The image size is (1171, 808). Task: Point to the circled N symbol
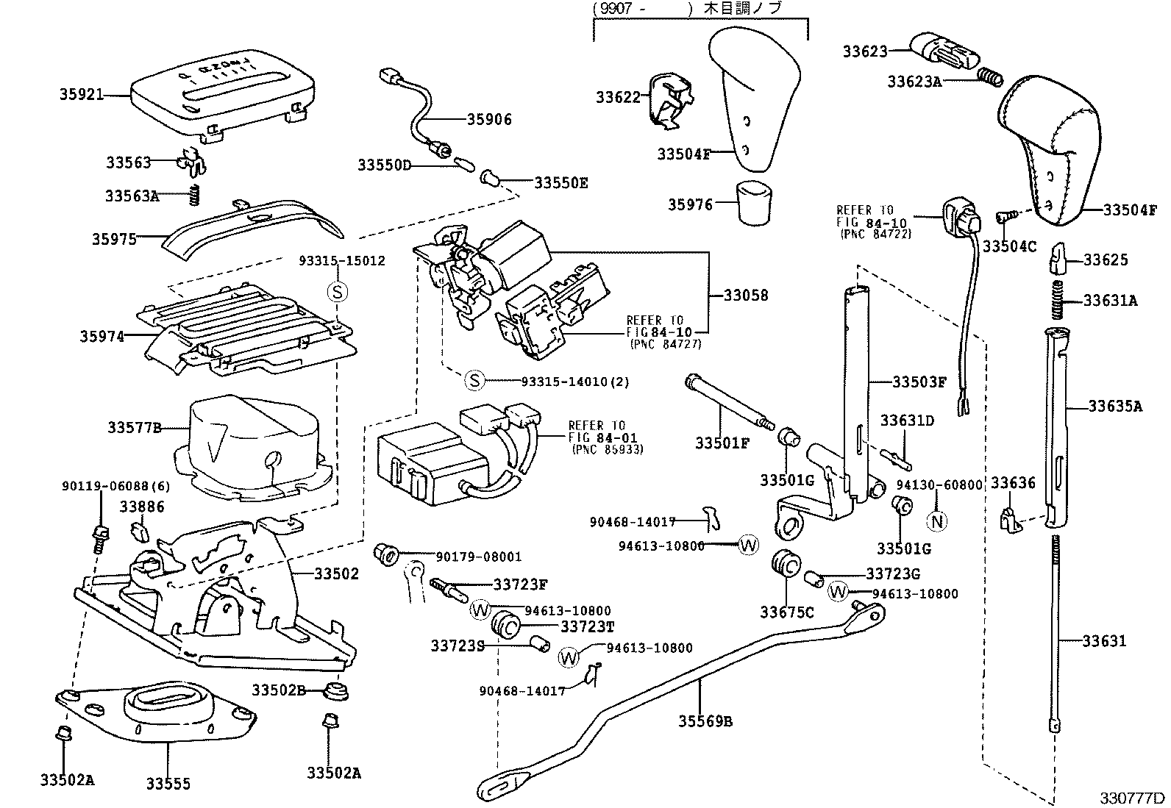(937, 521)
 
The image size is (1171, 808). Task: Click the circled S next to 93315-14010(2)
(475, 381)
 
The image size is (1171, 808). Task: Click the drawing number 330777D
(1133, 798)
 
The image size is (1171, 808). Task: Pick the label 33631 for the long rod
(1104, 641)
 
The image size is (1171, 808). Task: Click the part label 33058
(745, 296)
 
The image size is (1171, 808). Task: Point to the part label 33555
(168, 784)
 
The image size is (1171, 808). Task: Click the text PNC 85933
(607, 449)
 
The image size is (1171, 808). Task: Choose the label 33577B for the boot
(134, 427)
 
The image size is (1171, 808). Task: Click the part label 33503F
(919, 382)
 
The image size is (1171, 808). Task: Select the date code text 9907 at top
(616, 9)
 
